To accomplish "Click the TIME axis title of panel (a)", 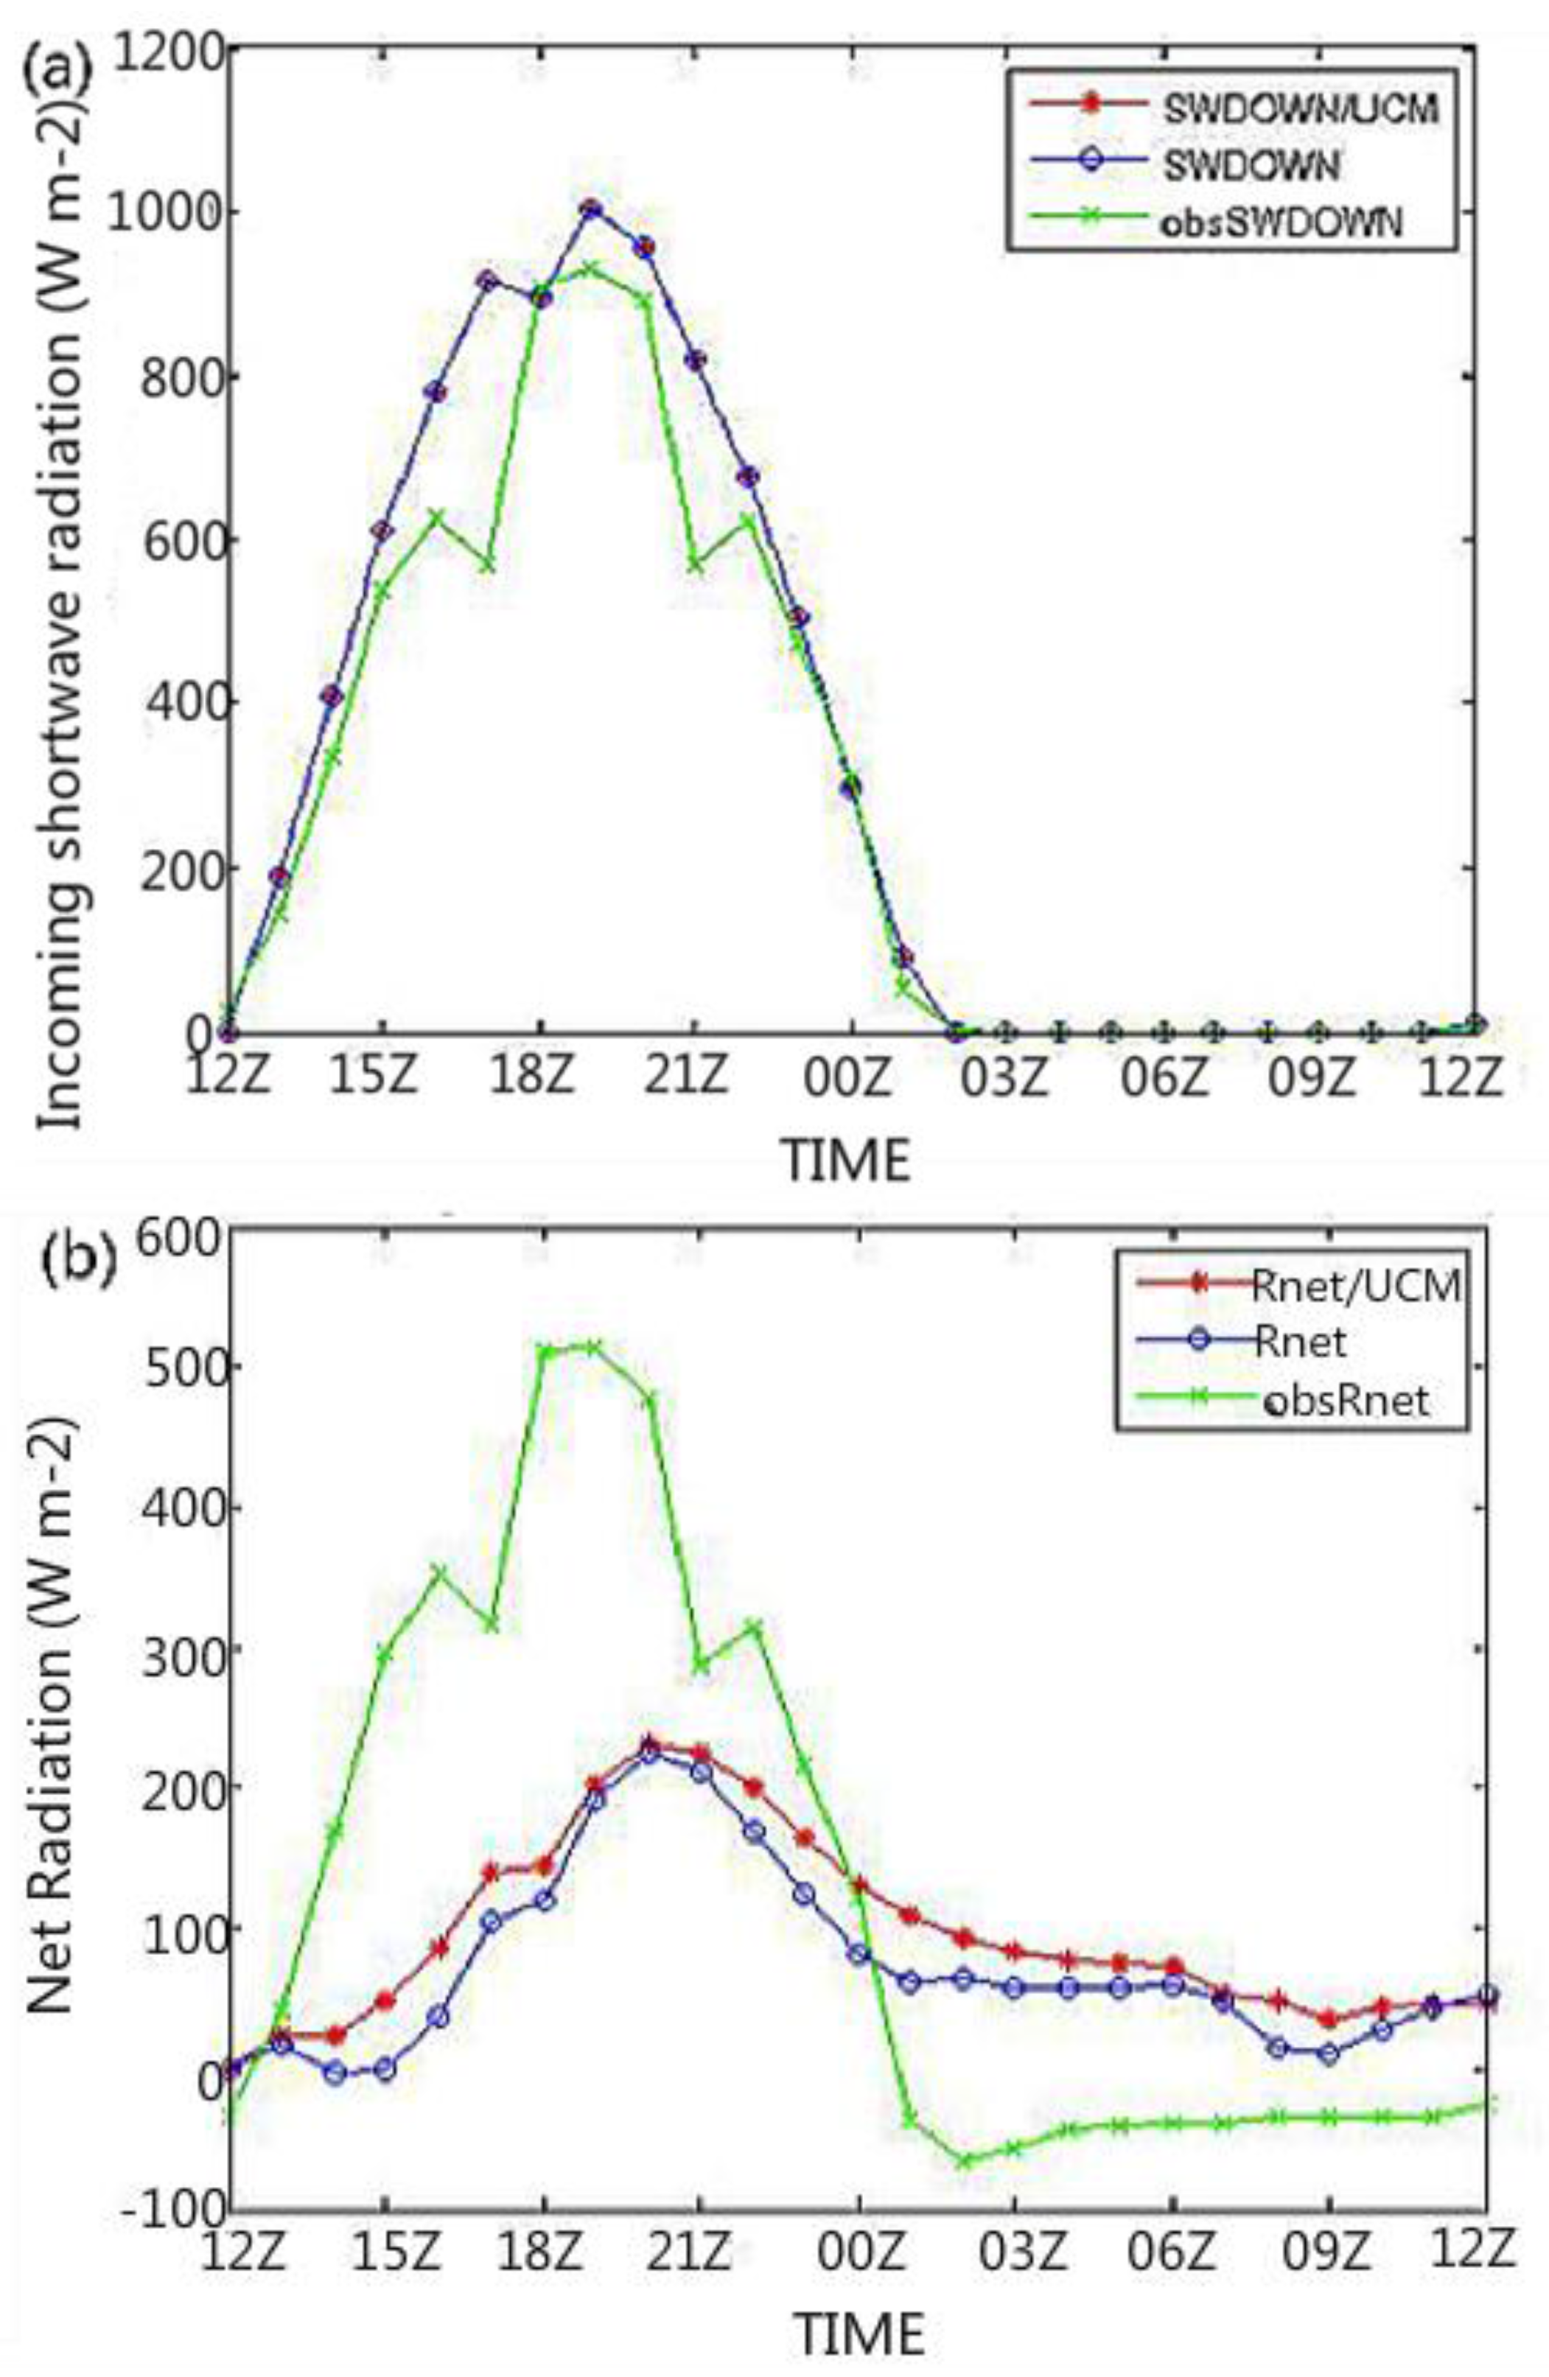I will pyautogui.click(x=847, y=1161).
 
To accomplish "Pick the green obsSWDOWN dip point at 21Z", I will pyautogui.click(x=696, y=565).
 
